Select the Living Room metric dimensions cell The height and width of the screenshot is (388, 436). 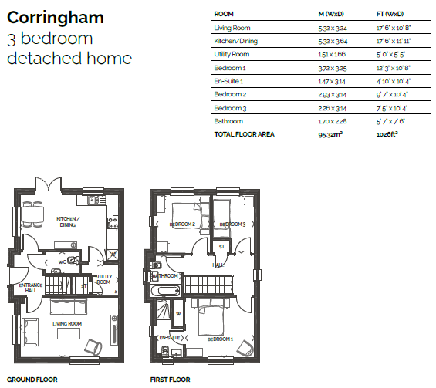click(x=333, y=28)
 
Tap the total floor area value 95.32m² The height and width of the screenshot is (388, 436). click(x=330, y=134)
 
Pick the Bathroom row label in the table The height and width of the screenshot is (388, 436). click(x=228, y=121)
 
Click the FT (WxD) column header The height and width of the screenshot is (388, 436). click(x=390, y=14)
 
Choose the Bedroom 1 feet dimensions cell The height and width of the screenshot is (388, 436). click(x=394, y=68)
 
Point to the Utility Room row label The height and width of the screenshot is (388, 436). click(x=232, y=54)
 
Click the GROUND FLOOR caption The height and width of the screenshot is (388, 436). click(x=32, y=380)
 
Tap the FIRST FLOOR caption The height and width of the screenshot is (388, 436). click(x=171, y=380)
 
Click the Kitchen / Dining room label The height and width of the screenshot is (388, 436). click(x=68, y=222)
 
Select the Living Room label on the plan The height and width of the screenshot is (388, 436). click(x=67, y=323)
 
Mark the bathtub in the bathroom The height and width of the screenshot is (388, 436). click(x=165, y=292)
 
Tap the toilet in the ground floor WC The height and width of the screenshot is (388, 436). click(x=73, y=261)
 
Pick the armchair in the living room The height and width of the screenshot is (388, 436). click(x=93, y=347)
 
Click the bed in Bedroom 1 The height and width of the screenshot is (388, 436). click(x=211, y=317)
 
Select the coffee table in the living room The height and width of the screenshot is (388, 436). click(x=69, y=333)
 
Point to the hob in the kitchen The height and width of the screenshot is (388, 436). click(x=113, y=223)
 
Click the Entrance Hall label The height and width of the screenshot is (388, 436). click(x=31, y=288)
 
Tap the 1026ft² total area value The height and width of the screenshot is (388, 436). click(x=387, y=134)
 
